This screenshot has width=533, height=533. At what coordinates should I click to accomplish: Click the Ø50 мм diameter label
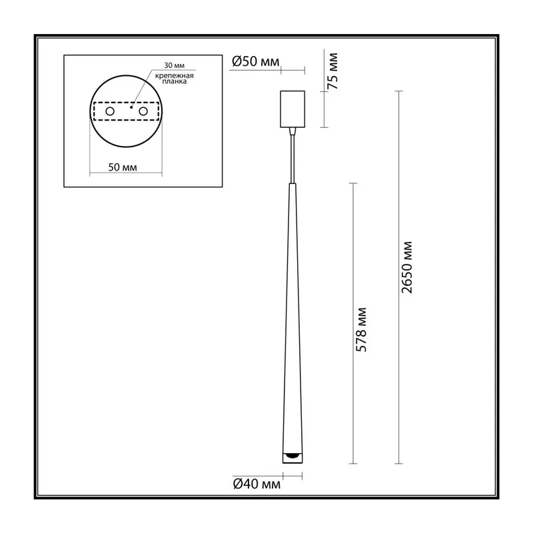tap(256, 61)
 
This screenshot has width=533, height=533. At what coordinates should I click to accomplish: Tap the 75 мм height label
tap(332, 71)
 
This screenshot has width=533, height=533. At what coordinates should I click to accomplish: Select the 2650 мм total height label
tap(406, 267)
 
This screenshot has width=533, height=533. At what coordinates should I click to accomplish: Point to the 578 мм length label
tap(361, 329)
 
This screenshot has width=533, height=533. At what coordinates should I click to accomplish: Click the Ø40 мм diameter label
tap(257, 484)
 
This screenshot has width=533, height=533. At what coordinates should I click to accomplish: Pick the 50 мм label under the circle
tap(123, 167)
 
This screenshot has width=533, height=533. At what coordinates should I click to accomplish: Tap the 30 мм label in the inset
tap(175, 65)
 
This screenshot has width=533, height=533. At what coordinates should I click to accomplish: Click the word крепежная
tap(175, 76)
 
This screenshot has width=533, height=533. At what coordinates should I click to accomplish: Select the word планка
tap(175, 81)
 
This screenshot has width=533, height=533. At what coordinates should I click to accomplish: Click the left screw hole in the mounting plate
tap(110, 111)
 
